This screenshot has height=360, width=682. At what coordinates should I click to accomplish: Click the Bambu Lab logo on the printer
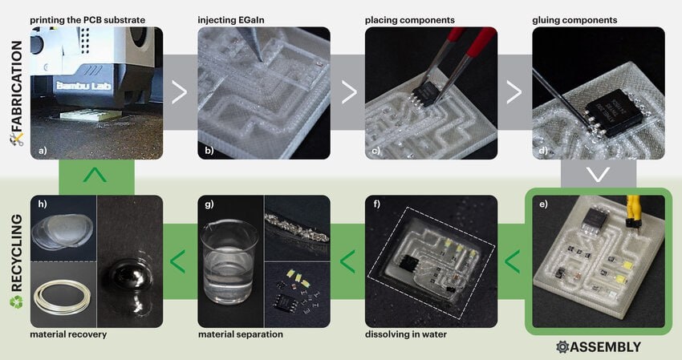coord(84,86)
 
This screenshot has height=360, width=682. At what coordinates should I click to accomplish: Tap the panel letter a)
coord(43,152)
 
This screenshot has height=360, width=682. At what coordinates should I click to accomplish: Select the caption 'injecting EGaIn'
coord(231,20)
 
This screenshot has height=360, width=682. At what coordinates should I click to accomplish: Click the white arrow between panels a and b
coord(179,91)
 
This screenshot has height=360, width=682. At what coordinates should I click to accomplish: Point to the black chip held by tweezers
coord(425,93)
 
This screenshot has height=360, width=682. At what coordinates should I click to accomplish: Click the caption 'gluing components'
coord(574,20)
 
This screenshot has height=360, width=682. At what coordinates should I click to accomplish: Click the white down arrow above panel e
coord(598,174)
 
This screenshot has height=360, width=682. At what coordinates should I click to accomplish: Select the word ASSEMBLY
coord(605,347)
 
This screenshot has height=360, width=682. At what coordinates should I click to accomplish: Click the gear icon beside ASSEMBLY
coord(562,347)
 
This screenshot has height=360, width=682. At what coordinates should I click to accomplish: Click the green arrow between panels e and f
coord(512,261)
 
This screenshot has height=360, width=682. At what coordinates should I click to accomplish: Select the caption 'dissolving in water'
coord(406,334)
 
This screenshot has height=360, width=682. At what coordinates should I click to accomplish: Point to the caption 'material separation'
coord(241,334)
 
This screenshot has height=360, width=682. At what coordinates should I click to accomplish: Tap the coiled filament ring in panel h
coord(63,297)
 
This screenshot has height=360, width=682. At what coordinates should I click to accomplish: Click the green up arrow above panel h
coord(95,176)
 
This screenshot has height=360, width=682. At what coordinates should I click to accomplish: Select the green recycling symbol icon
coord(16,301)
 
